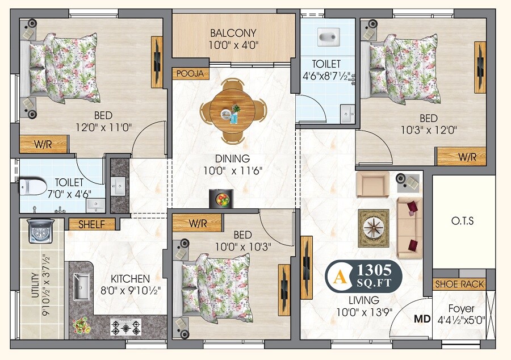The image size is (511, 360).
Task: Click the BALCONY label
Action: [x=233, y=33]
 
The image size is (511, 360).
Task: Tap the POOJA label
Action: [x=190, y=74]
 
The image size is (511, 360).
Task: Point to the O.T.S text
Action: [x=463, y=220]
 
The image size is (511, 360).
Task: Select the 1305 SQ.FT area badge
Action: [x=372, y=276]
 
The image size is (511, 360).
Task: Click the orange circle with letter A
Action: [x=340, y=277]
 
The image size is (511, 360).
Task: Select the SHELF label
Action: [x=91, y=224]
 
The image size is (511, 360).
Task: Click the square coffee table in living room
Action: [x=373, y=228]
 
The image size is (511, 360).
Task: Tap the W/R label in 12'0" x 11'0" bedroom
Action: [x=43, y=144]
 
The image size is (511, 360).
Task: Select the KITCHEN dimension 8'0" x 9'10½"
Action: [x=130, y=290]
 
